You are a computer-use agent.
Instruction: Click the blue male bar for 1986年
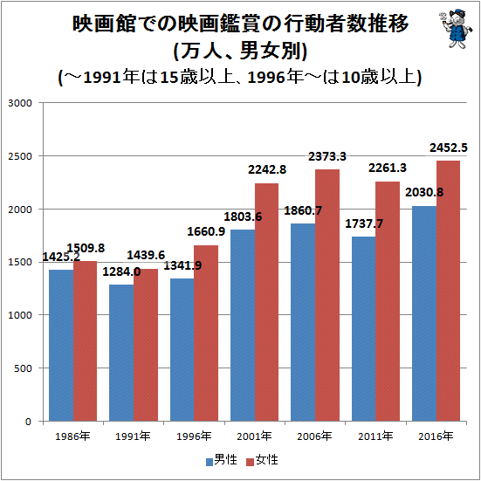point(61,346)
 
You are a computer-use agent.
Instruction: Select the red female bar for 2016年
point(448,291)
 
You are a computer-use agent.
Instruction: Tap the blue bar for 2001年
point(243,325)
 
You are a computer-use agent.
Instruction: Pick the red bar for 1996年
point(206,333)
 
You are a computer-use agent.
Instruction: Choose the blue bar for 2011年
point(363,329)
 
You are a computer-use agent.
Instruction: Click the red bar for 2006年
point(327,295)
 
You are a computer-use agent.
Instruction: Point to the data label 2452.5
point(448,148)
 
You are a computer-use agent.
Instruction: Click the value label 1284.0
point(121,271)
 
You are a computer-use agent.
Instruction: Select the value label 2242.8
point(267,169)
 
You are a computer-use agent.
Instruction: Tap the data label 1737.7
point(364,223)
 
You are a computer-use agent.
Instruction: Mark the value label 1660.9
point(206,231)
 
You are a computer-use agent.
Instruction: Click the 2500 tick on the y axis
point(19,156)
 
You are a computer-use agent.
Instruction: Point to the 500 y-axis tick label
point(23,368)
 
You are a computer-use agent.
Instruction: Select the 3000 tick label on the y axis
point(19,103)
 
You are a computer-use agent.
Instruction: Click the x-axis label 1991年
point(133,436)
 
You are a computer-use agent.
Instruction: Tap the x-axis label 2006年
point(314,436)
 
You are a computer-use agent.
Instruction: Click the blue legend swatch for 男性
point(210,462)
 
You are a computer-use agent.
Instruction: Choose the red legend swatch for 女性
point(251,462)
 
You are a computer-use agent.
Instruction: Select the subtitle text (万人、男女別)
point(241,51)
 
